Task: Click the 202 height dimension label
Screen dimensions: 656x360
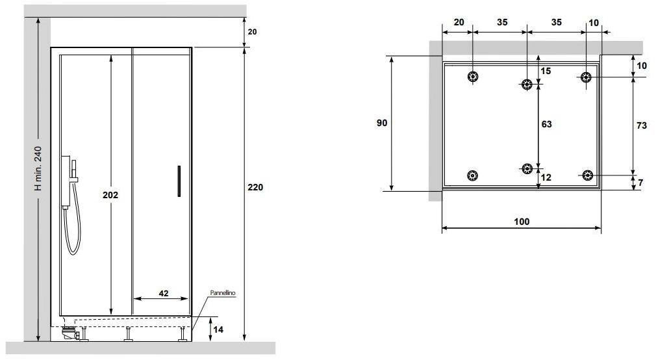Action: pyautogui.click(x=110, y=195)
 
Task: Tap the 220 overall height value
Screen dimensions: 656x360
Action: pyautogui.click(x=255, y=188)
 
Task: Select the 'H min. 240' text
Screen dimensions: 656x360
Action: pyautogui.click(x=38, y=168)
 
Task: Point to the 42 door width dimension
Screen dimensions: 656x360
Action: pyautogui.click(x=164, y=294)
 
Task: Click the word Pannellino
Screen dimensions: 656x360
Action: pyautogui.click(x=223, y=293)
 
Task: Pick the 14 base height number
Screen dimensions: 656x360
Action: pyautogui.click(x=218, y=329)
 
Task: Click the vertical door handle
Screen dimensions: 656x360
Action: pyautogui.click(x=179, y=181)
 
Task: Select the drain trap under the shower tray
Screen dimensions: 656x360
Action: pyautogui.click(x=69, y=333)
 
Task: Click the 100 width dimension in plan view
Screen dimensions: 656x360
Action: pyautogui.click(x=522, y=222)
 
